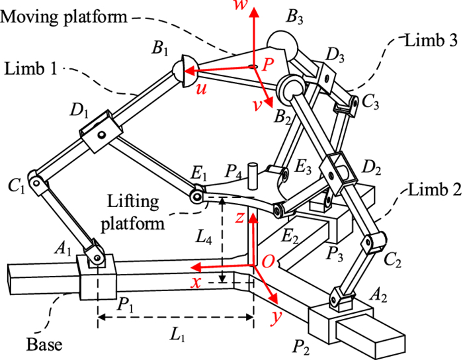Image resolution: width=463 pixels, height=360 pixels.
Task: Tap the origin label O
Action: point(268,263)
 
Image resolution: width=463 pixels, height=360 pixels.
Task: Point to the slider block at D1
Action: point(100,128)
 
